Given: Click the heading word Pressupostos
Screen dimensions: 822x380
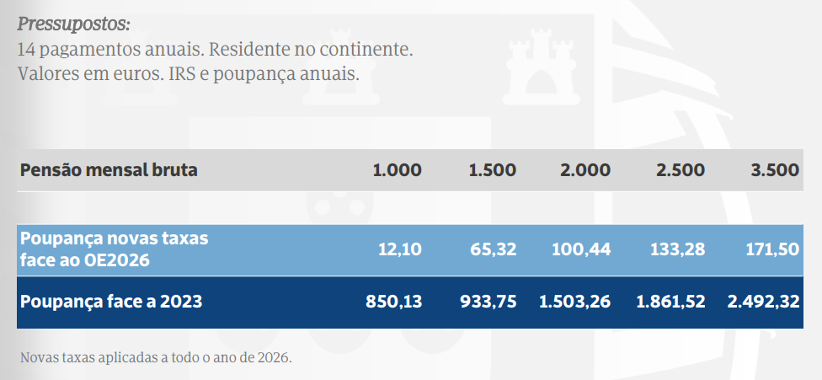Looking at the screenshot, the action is pos(74,25).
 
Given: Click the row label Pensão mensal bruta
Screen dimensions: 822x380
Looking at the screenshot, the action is pos(109,170).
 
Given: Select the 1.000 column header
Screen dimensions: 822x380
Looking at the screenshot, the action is pos(397,170).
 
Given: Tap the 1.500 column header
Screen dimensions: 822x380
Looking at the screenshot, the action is pos(492,170).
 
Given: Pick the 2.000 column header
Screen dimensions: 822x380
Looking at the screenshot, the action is pos(585,170).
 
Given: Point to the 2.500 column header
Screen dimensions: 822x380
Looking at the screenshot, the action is pos(680,170).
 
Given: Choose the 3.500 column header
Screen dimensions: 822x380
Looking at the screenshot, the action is pos(775,170).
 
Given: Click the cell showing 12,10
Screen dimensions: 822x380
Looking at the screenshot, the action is pos(400,249).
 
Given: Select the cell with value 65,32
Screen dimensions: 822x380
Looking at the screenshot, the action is pos(492,249).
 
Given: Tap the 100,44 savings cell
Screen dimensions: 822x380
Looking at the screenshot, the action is pos(581,249).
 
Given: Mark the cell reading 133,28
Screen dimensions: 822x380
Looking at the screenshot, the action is pos(677,249).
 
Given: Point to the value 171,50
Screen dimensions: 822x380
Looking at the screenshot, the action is pos(772,249).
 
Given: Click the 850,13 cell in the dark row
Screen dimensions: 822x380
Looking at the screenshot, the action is pos(393,302).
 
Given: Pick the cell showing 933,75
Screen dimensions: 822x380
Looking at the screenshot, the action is pos(488,302).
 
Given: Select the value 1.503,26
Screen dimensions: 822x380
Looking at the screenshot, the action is pos(575,302).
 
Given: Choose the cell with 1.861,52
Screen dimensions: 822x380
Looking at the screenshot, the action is pos(670,302).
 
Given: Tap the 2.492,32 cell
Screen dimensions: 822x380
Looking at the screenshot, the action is pos(764,302).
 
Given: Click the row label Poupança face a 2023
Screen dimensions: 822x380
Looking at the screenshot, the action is pos(111,302).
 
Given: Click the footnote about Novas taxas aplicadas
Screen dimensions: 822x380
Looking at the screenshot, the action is pos(156,358).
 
